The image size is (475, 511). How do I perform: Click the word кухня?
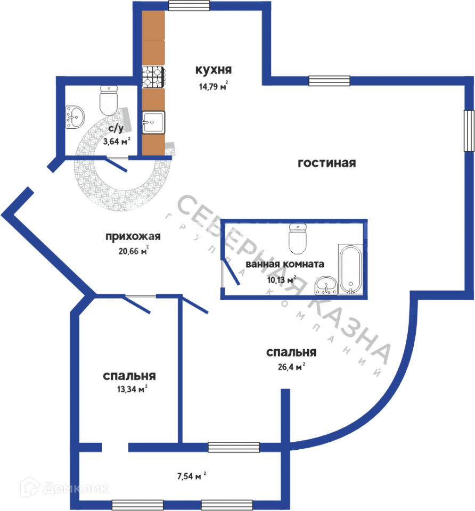point(213,70)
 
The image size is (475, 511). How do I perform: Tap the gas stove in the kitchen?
point(153,77)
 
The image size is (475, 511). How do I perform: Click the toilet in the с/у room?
point(109,101)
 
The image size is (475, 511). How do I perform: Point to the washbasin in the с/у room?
point(75,116)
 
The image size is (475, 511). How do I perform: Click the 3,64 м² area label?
point(117,141)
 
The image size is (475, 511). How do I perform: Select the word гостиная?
point(326,163)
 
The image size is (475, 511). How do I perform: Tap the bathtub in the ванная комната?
point(350,269)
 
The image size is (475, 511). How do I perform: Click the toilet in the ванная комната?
point(298,238)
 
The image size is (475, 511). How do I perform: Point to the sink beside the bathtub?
point(325,286)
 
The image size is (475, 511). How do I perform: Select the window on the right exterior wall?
point(468,130)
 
